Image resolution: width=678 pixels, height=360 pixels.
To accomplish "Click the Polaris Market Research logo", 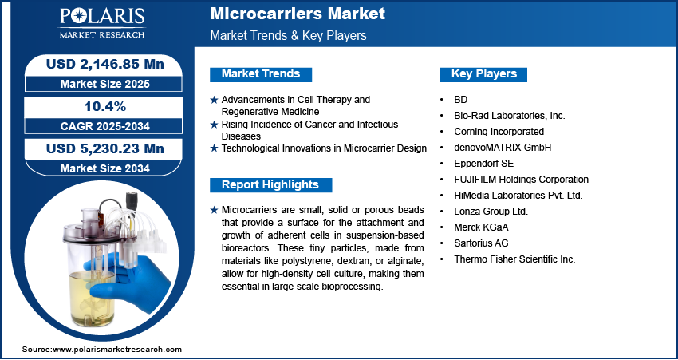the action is pyautogui.click(x=102, y=22).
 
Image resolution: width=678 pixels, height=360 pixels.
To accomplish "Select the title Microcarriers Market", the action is pyautogui.click(x=298, y=14).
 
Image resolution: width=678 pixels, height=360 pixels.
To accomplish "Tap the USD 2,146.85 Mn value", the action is pyautogui.click(x=105, y=64).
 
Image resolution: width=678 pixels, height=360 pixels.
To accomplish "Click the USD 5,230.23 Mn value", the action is pyautogui.click(x=105, y=148).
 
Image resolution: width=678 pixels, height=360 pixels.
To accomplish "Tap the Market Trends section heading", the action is pyautogui.click(x=261, y=74).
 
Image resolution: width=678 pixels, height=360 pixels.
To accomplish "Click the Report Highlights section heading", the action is pyautogui.click(x=270, y=184).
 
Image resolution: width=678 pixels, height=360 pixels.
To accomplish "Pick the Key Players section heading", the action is pyautogui.click(x=484, y=74).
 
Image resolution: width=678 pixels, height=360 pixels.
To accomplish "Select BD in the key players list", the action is pyautogui.click(x=460, y=100).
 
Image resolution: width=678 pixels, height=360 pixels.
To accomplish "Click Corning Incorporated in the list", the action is pyautogui.click(x=499, y=131).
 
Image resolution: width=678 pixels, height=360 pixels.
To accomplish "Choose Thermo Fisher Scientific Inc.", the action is pyautogui.click(x=514, y=259).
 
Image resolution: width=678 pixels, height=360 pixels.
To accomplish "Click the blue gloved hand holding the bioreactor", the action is pyautogui.click(x=129, y=280).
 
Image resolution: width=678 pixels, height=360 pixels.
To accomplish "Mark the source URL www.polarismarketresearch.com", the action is pyautogui.click(x=117, y=349).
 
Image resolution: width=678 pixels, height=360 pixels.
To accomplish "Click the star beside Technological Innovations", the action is pyautogui.click(x=214, y=148).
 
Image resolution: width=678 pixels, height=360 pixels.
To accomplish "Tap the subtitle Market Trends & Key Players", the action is pyautogui.click(x=289, y=35).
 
